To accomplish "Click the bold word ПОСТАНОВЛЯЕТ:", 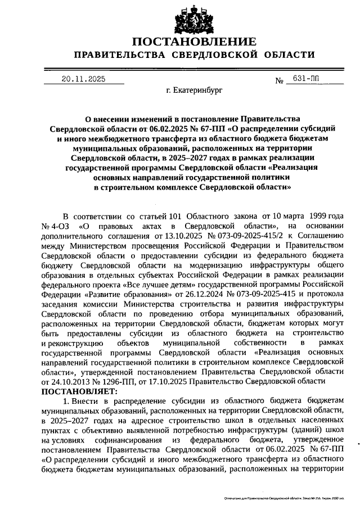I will pyautogui.click(x=79, y=391).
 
